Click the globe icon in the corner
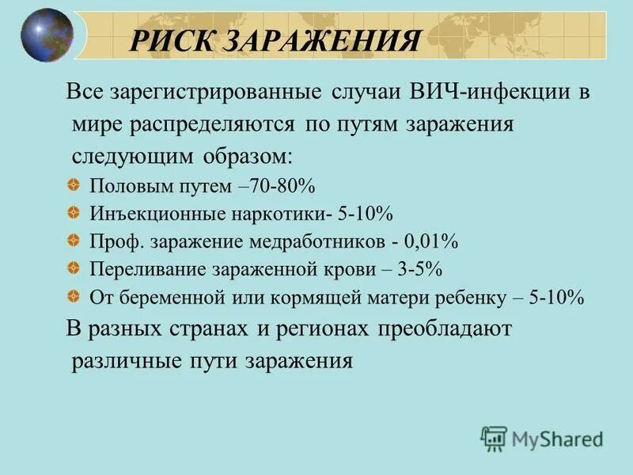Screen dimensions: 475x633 click(x=47, y=36)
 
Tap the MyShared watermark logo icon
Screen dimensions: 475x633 click(x=494, y=437)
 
